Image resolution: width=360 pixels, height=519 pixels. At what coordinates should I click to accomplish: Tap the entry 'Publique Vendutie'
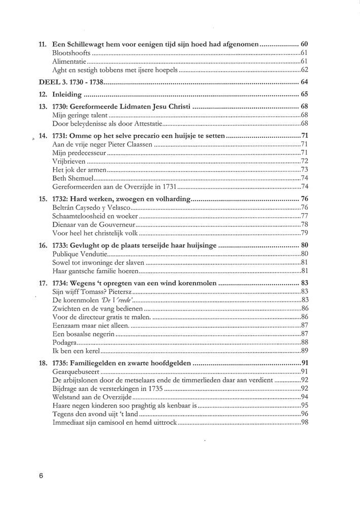click(x=78, y=254)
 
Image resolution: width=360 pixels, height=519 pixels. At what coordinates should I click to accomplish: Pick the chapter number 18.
click(x=43, y=362)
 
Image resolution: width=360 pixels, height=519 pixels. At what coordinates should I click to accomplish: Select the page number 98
click(x=305, y=423)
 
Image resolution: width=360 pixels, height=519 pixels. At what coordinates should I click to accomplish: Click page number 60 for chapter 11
click(x=304, y=44)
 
